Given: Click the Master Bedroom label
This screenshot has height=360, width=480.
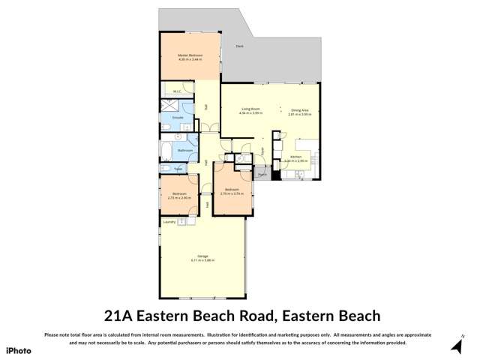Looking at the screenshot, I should point(190,55).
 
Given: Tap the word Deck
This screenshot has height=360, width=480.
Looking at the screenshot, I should point(240,46).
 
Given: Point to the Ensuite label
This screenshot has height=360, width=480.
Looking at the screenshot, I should point(178,118).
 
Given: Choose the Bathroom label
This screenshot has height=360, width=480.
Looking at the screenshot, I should point(185,151).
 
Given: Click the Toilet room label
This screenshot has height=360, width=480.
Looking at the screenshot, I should point(178,169).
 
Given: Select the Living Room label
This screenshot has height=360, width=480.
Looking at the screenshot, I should point(250,109).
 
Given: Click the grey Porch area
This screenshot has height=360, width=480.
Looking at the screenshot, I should point(261,175).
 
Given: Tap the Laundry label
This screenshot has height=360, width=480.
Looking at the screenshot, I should point(169,221).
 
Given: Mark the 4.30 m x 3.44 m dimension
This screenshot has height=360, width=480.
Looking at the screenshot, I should point(190,59).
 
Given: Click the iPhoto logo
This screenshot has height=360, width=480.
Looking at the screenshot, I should point(19,350).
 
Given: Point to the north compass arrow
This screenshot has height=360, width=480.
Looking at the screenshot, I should point(457,346).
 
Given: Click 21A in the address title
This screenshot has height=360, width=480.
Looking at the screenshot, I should point(122,316).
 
